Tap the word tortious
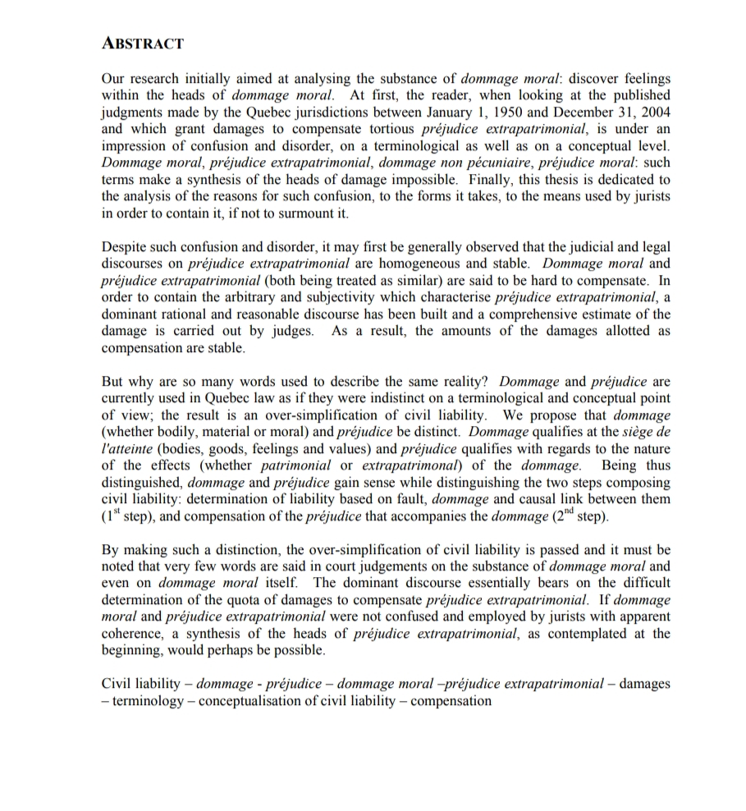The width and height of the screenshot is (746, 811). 387,130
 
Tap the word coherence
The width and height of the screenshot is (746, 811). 132,635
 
